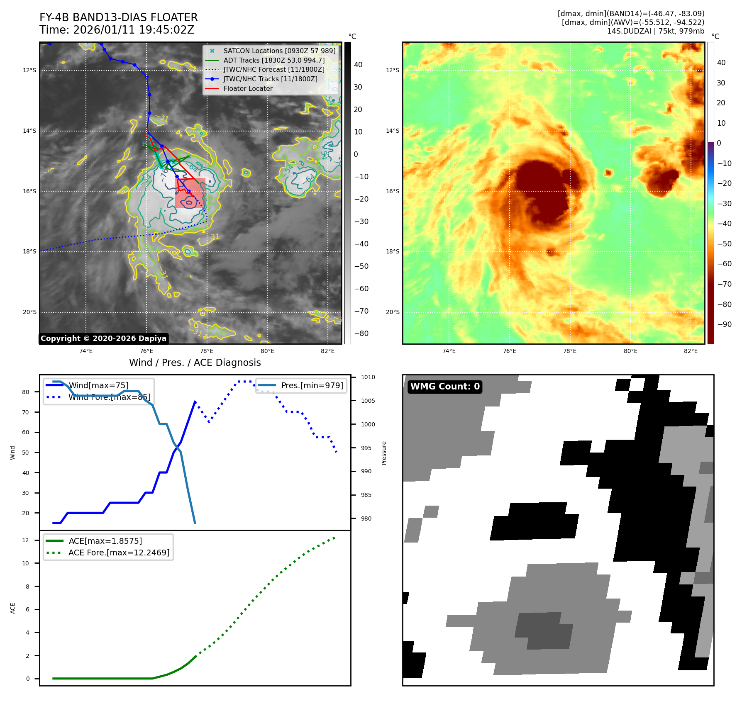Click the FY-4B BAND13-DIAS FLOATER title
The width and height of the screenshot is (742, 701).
click(118, 17)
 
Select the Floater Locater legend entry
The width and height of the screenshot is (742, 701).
click(248, 88)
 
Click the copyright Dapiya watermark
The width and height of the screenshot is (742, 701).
click(103, 338)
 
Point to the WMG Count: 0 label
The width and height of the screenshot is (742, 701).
click(445, 387)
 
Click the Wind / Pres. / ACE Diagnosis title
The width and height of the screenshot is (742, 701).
click(195, 363)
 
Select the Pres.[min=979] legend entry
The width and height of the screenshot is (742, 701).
click(312, 385)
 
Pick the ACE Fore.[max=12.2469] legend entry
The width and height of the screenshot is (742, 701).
click(119, 553)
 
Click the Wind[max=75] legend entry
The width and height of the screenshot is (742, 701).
click(98, 385)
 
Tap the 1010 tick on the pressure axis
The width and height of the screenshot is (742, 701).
click(368, 377)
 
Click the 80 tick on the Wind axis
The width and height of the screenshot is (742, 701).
click(26, 392)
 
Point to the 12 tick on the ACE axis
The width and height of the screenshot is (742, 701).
click(26, 540)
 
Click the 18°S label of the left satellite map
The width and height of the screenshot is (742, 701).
click(29, 251)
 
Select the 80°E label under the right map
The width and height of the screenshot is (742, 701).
click(630, 351)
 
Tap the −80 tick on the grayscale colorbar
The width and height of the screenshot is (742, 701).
click(361, 333)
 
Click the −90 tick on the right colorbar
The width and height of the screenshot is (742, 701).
click(724, 324)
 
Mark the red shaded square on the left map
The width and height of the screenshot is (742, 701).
click(190, 193)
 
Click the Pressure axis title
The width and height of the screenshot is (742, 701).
click(384, 453)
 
